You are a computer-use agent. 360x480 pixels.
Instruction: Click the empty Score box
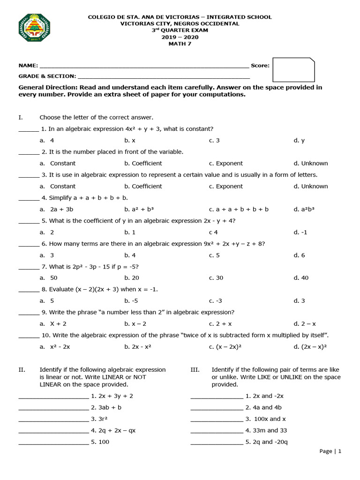[293, 69]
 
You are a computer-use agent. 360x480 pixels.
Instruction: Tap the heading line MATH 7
[180, 44]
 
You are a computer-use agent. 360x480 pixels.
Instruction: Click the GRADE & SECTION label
[47, 76]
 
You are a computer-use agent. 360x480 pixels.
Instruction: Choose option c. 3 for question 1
[214, 140]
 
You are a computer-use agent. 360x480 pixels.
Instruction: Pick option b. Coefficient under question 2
[143, 163]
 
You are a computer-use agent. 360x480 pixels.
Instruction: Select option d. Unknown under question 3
[310, 186]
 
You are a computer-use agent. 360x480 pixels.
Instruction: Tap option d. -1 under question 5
[300, 232]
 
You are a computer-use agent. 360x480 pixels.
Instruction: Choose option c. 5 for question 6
[214, 255]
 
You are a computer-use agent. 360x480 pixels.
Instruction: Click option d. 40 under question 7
[301, 278]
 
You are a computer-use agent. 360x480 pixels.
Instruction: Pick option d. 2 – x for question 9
[305, 324]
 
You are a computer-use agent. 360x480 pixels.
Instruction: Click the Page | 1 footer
[330, 451]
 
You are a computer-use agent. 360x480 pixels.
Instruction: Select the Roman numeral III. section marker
[195, 370]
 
